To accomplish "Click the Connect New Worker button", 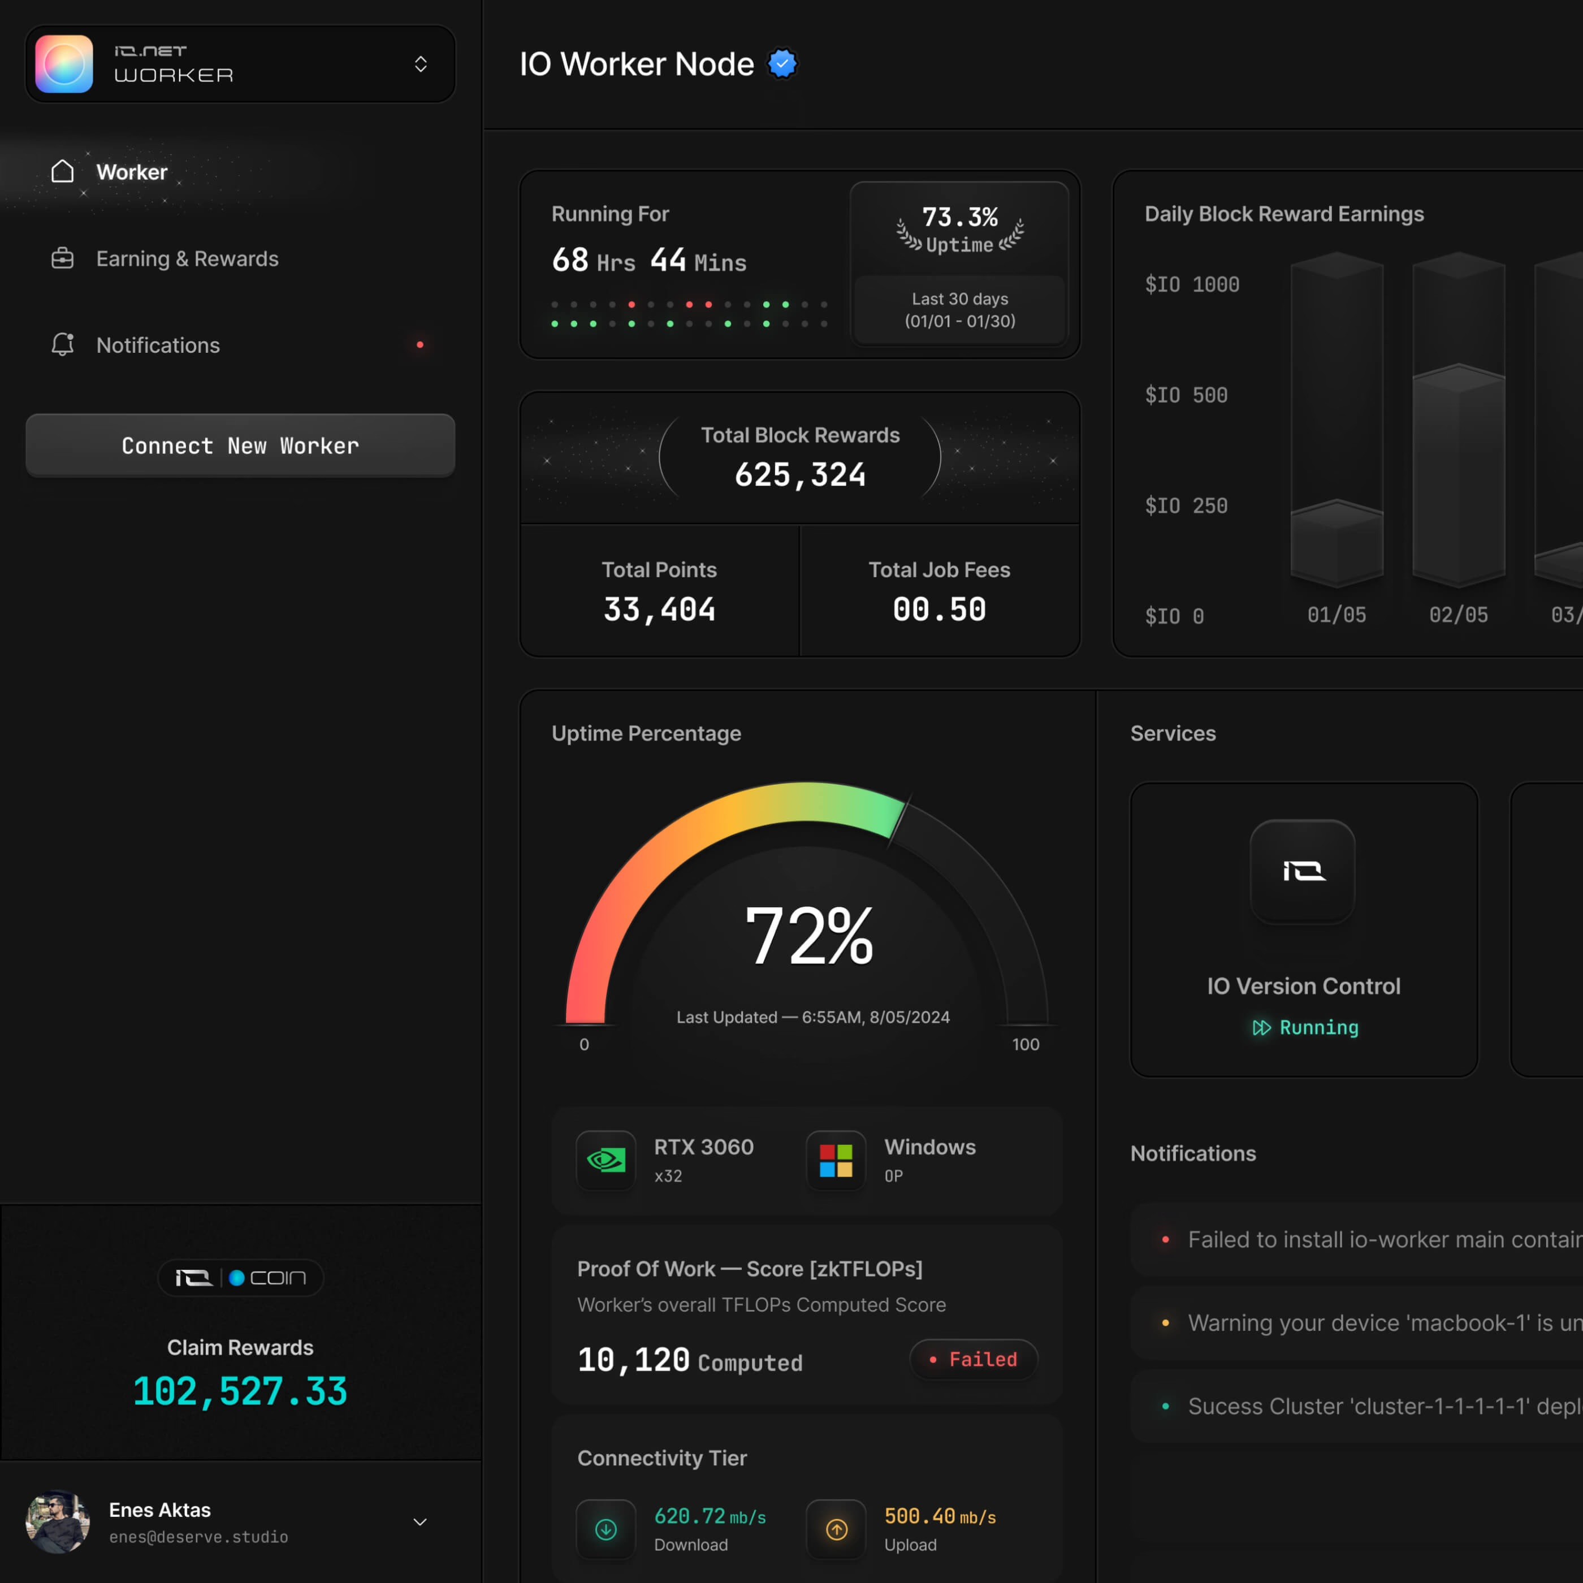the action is pyautogui.click(x=240, y=445).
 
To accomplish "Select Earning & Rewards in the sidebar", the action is pyautogui.click(x=187, y=259).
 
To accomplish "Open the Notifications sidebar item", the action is pyautogui.click(x=157, y=345).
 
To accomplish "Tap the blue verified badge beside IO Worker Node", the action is pyautogui.click(x=782, y=64).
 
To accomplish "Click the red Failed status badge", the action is pyautogui.click(x=974, y=1359).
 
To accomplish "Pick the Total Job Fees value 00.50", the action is pyautogui.click(x=939, y=609).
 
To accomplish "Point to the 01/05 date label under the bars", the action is pyautogui.click(x=1337, y=615).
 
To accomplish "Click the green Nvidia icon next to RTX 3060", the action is pyautogui.click(x=606, y=1160).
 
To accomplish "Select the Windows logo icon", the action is pyautogui.click(x=836, y=1160).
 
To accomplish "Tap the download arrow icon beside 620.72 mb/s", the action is pyautogui.click(x=606, y=1529).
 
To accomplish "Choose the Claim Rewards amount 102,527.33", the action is pyautogui.click(x=240, y=1391).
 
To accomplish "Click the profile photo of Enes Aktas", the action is pyautogui.click(x=57, y=1521).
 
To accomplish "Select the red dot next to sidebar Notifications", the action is pyautogui.click(x=420, y=345).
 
